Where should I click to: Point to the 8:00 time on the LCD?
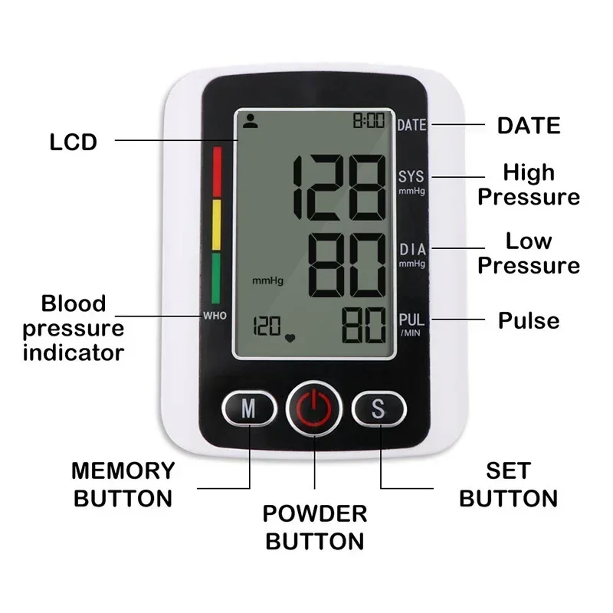pos(369,121)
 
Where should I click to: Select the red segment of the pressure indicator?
pos(216,172)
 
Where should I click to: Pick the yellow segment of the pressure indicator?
pos(216,225)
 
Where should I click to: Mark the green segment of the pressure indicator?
pos(216,277)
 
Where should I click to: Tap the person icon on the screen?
pos(249,120)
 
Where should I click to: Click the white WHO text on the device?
pos(215,316)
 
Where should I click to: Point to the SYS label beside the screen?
pos(411,177)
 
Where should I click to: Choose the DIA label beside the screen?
pos(412,250)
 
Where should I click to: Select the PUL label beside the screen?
pos(411,320)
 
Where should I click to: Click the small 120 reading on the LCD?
pos(267,327)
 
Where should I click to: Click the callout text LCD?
pos(74,142)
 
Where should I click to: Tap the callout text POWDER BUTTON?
pos(314,526)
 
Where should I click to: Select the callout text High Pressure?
pos(529,184)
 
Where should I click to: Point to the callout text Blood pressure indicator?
pos(73,327)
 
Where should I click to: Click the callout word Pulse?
pos(529,320)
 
